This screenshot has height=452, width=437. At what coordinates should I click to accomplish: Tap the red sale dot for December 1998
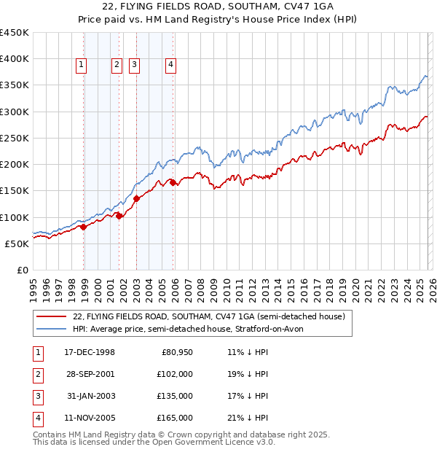84,227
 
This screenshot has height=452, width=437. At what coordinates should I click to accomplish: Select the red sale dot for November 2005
173,183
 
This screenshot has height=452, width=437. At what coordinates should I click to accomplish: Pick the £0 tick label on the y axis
23,270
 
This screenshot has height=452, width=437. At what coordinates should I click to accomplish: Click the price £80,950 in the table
176,352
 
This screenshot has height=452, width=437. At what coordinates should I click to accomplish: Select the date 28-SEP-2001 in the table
89,374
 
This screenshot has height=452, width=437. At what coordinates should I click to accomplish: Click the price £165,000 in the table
173,418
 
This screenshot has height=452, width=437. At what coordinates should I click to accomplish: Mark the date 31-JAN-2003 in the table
89,396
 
